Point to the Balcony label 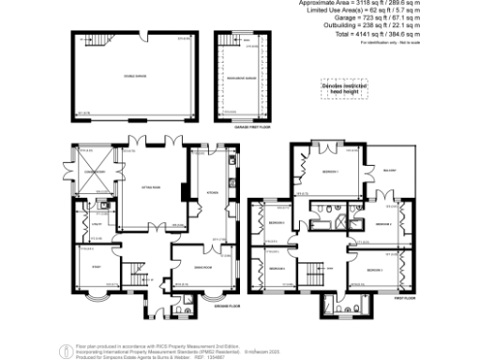tap(390, 170)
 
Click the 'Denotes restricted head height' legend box tap(345, 85)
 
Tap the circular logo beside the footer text tap(63, 351)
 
